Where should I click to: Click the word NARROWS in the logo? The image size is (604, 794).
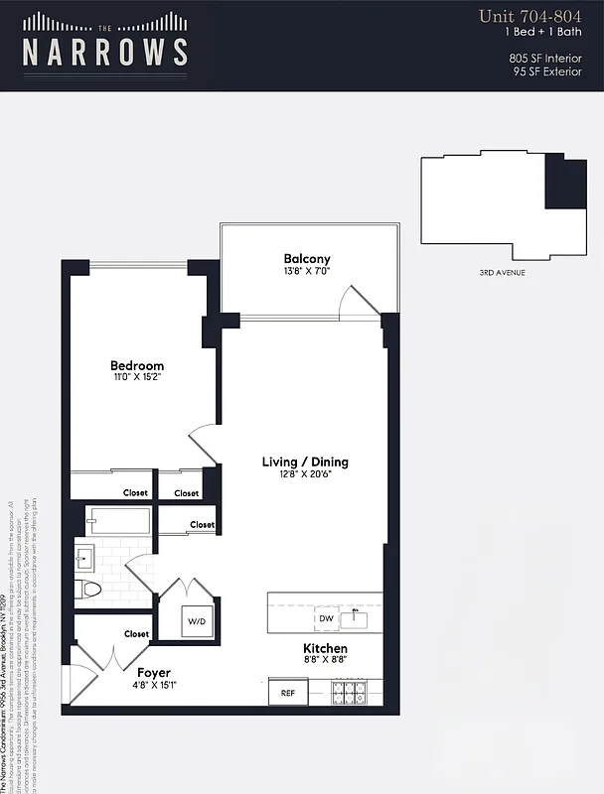(x=105, y=52)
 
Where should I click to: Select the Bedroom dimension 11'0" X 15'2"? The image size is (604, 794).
(x=136, y=377)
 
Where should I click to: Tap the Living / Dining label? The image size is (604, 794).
(x=305, y=462)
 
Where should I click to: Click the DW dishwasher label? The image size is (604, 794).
(x=326, y=618)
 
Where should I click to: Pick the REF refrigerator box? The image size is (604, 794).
(x=287, y=693)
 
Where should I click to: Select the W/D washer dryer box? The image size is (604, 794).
(x=195, y=621)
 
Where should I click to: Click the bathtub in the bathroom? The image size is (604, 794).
(x=118, y=521)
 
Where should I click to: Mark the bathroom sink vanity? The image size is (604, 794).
(x=84, y=558)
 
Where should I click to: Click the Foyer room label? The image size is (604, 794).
(x=154, y=672)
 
